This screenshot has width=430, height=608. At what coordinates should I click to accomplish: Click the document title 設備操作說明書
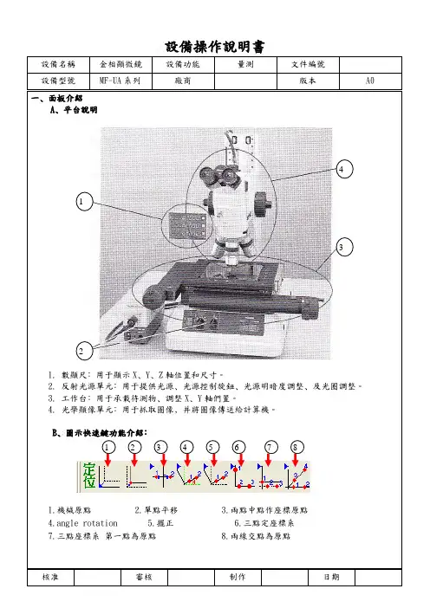(x=215, y=47)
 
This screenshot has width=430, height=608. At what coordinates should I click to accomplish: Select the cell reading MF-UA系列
(x=121, y=81)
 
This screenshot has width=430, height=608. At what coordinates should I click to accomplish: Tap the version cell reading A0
(x=370, y=81)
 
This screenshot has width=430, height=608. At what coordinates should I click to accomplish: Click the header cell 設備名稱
(x=58, y=64)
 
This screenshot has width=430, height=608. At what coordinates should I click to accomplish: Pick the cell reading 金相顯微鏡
(x=121, y=64)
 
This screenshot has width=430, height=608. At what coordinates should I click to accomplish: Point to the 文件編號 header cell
(x=308, y=64)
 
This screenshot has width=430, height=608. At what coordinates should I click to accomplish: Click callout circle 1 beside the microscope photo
(x=84, y=201)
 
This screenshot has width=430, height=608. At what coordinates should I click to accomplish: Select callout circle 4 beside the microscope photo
(x=344, y=169)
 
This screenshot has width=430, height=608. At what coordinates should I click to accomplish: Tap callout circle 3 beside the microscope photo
(x=344, y=247)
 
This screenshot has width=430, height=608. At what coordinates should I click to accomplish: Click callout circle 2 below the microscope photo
(x=84, y=351)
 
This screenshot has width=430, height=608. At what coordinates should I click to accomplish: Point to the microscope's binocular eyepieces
(x=218, y=174)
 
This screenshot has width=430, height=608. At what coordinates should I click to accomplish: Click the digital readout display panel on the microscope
(x=188, y=225)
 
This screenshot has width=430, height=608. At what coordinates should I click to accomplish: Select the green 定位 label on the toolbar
(x=89, y=475)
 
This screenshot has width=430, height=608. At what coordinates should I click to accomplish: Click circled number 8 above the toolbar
(x=296, y=447)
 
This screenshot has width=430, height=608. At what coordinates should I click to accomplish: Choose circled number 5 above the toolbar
(x=212, y=447)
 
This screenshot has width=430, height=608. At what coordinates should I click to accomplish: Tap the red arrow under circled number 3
(x=163, y=459)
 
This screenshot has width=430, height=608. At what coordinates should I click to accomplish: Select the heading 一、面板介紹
(x=57, y=98)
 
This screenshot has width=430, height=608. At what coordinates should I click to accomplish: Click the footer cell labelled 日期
(x=331, y=577)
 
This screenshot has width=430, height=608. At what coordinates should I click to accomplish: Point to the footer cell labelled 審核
(x=144, y=577)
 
